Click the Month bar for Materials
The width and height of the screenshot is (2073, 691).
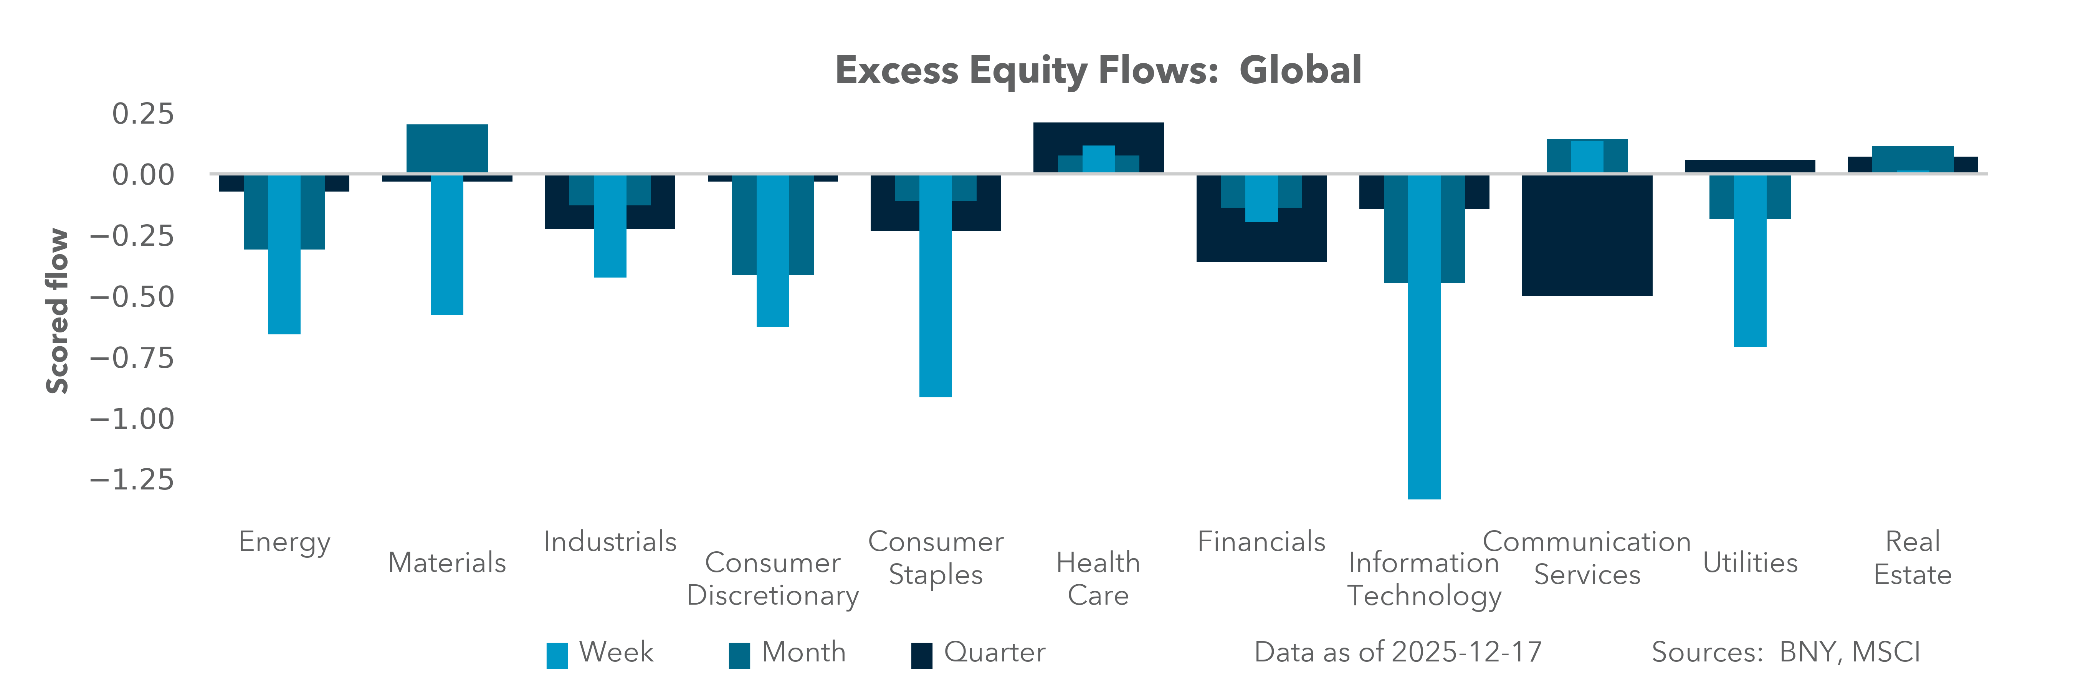point(446,148)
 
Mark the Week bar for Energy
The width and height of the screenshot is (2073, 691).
point(284,289)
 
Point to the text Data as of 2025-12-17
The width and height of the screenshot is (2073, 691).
point(1398,652)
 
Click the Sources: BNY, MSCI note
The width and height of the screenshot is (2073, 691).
point(1786,652)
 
